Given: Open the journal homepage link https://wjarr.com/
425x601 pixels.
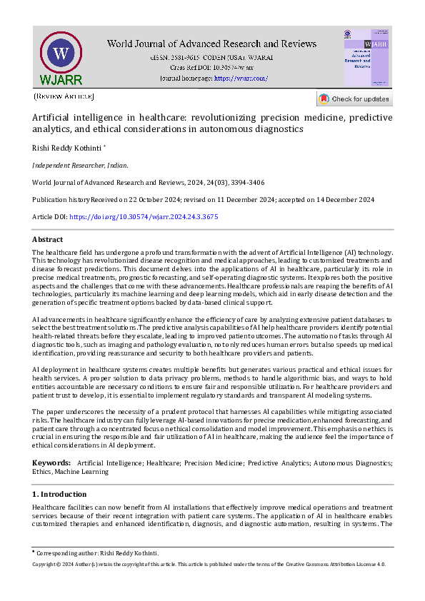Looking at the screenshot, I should coord(241,78).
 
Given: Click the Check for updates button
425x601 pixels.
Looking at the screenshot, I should coord(354,99).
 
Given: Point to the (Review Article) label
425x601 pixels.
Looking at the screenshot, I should coord(64,96).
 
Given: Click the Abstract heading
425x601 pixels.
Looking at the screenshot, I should coord(48,240).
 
